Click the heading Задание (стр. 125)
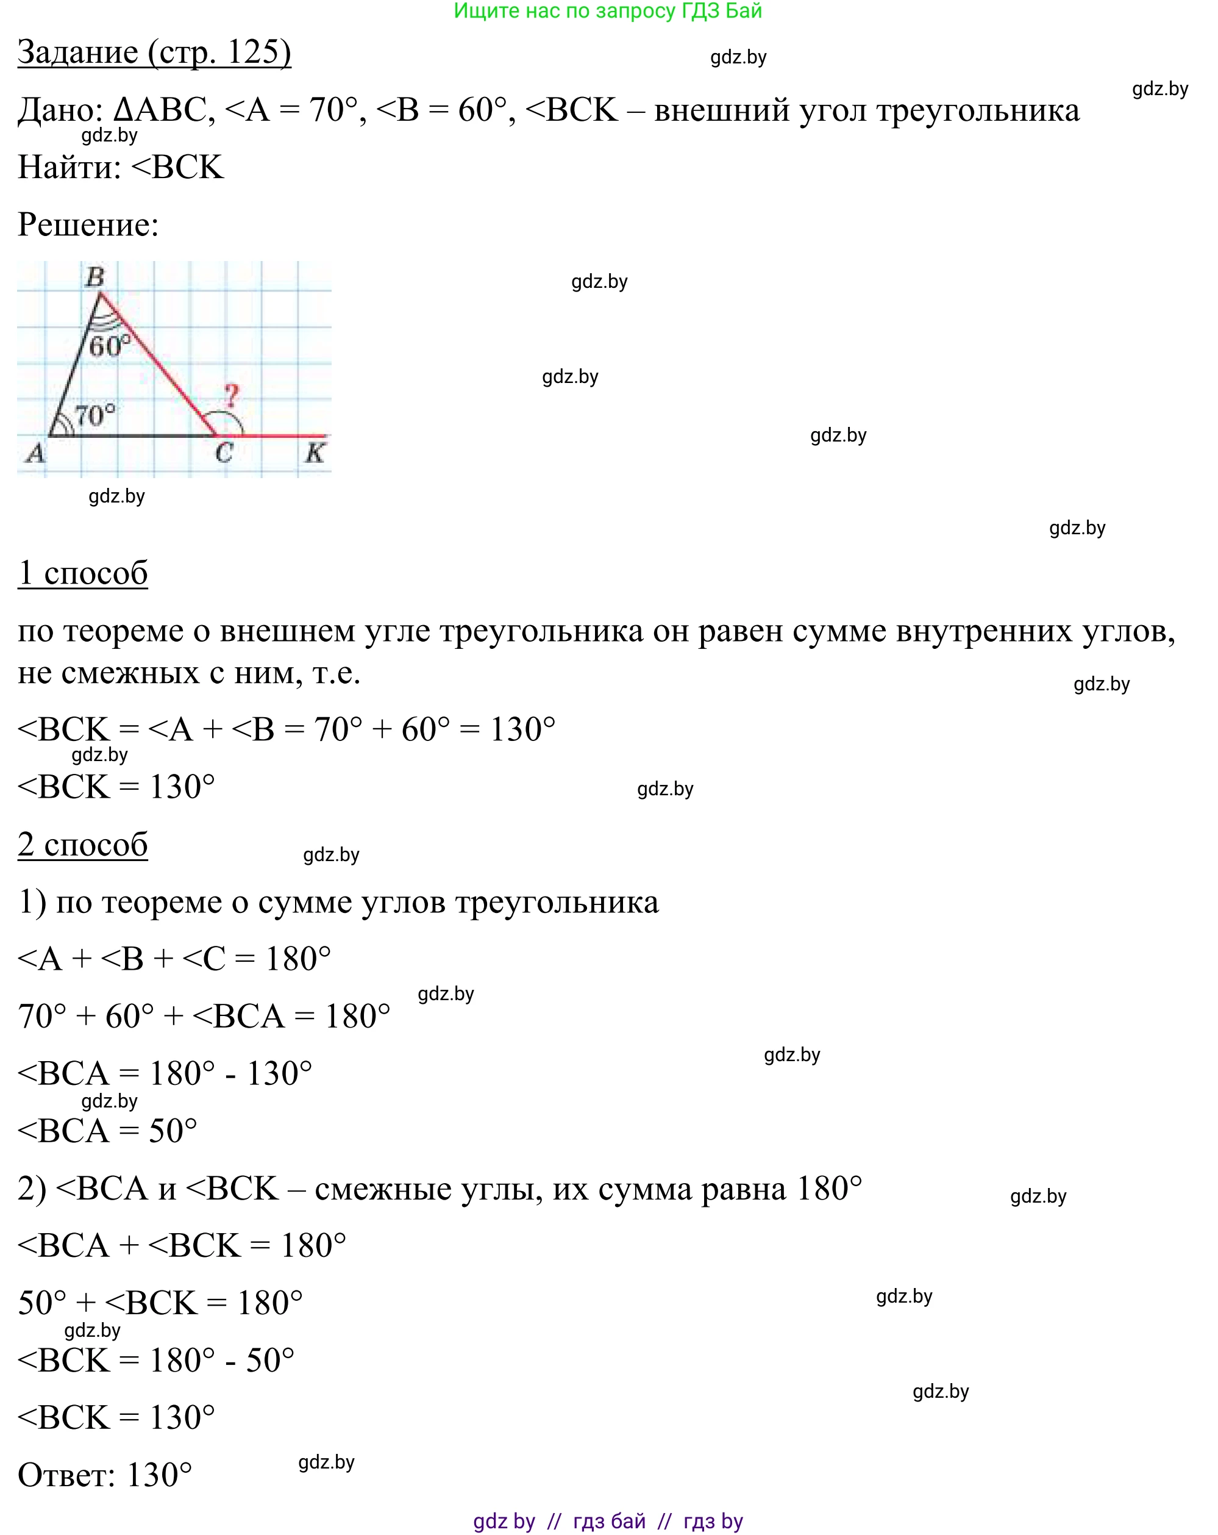(154, 52)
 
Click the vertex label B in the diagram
(94, 276)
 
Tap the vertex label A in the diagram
(35, 452)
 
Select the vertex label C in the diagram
(224, 452)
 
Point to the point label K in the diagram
(315, 452)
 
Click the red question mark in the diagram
(232, 396)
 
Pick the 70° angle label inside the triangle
(94, 414)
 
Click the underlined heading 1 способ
(82, 573)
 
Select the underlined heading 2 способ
(82, 845)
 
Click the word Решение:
(88, 225)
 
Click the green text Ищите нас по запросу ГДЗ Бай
(608, 11)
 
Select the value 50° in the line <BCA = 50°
(173, 1131)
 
